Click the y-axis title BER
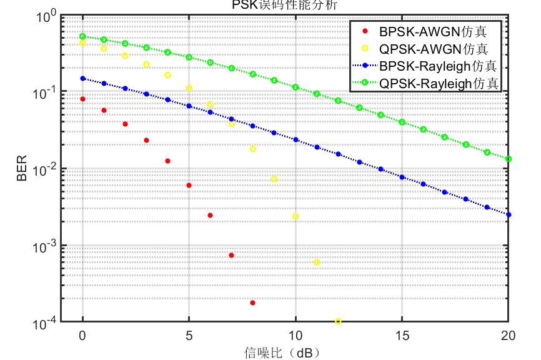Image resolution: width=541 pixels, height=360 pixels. [22, 169]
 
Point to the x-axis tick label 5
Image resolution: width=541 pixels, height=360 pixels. [189, 336]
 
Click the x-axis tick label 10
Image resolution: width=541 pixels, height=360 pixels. [295, 336]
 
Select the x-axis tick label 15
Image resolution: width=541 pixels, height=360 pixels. [402, 336]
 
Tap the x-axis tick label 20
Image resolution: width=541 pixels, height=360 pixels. [508, 336]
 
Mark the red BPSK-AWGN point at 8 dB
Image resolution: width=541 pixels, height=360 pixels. [252, 302]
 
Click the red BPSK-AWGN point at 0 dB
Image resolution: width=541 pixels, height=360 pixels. [82, 99]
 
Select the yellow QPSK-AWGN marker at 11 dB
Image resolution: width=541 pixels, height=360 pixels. [317, 262]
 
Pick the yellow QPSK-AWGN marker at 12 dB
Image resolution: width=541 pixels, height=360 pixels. [338, 321]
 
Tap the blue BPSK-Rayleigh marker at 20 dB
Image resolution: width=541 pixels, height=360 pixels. [509, 214]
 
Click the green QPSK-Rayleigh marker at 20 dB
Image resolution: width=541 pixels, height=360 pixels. [509, 159]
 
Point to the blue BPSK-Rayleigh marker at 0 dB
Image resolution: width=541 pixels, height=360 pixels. [82, 78]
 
